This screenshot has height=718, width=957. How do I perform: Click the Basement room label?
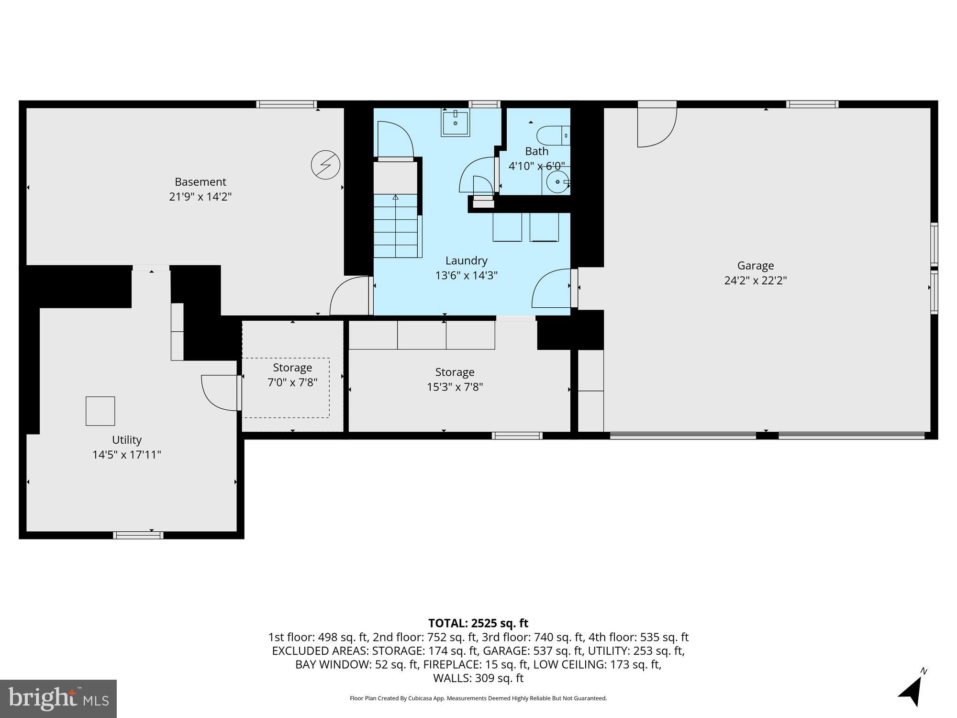coord(200,182)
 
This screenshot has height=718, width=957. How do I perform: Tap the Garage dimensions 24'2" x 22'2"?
coord(755,280)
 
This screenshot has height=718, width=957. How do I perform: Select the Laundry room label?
coord(466,260)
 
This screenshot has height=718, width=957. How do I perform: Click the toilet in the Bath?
coord(553,135)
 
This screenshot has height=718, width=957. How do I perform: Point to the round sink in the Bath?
coord(557,182)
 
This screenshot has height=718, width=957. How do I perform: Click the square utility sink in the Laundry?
coord(455,123)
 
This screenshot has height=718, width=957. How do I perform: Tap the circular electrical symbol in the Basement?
coord(325,165)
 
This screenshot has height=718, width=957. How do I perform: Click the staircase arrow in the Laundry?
coord(395,197)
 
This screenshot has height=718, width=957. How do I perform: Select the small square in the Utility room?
coord(100,411)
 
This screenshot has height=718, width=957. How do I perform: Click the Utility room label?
coord(126,439)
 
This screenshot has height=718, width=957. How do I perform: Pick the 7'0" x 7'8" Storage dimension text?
coord(292,382)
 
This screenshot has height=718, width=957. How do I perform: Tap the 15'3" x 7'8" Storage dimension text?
coord(455,387)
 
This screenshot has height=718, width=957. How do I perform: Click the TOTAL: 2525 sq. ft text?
coord(478,623)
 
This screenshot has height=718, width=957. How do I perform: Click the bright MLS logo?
coord(58,698)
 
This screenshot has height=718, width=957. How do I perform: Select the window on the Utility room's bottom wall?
coord(138,535)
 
